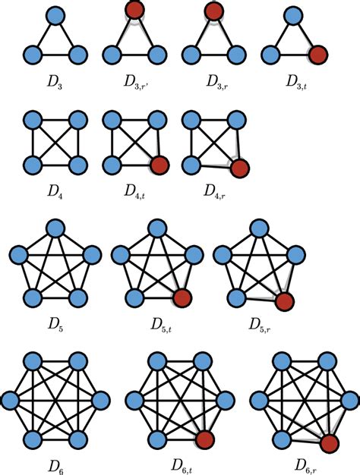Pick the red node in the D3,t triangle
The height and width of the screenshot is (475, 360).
point(317,55)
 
